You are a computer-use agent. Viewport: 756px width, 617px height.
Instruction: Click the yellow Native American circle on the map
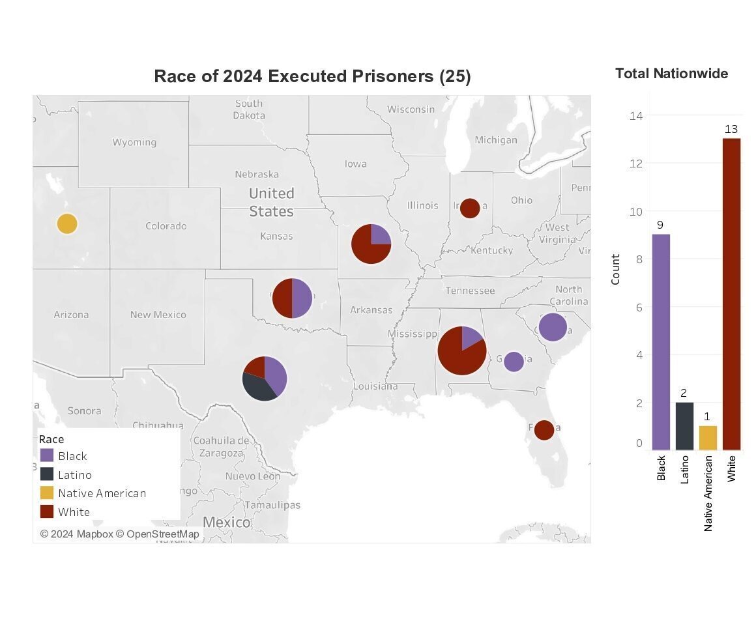click(x=66, y=223)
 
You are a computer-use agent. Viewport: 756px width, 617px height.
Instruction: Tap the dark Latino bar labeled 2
click(x=684, y=426)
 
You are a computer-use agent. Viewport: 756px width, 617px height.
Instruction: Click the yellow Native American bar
click(x=708, y=438)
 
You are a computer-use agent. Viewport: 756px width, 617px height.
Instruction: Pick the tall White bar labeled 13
click(x=731, y=294)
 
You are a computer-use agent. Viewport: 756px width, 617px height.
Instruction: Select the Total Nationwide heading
click(x=671, y=74)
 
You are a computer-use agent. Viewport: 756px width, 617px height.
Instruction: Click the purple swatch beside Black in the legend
click(x=47, y=455)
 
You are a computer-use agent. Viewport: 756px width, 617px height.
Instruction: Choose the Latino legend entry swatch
click(x=47, y=474)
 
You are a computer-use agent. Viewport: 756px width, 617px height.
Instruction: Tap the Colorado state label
click(x=166, y=226)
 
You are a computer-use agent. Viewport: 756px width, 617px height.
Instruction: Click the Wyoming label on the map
click(x=134, y=142)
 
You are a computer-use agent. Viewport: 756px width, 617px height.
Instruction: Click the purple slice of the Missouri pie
click(x=380, y=235)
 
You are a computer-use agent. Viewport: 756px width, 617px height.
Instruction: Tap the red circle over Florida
click(x=544, y=430)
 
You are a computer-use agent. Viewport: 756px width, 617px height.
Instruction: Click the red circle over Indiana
click(x=470, y=208)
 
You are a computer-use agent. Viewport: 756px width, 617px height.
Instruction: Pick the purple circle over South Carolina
click(x=553, y=327)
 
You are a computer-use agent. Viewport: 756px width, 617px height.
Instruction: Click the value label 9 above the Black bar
click(x=660, y=225)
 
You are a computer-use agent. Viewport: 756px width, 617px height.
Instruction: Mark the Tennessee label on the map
click(x=470, y=291)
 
